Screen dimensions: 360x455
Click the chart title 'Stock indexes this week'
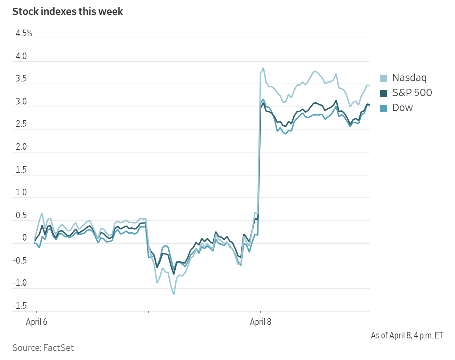click(x=67, y=11)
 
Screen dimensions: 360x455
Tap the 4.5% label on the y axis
click(x=24, y=33)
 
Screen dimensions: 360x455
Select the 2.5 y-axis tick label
click(x=21, y=124)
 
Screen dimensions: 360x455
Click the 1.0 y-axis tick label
click(x=21, y=192)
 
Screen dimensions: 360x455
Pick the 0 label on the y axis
click(x=24, y=237)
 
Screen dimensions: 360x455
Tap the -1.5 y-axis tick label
click(x=20, y=306)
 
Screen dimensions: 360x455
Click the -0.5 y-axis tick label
click(x=20, y=260)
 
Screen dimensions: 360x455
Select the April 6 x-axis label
click(x=37, y=322)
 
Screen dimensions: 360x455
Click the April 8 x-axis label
click(x=260, y=322)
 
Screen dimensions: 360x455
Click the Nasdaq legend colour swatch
click(x=384, y=78)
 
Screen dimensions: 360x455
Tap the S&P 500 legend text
click(x=412, y=93)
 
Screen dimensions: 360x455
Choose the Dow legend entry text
click(x=402, y=108)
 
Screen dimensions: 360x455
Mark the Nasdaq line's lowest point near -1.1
click(x=174, y=295)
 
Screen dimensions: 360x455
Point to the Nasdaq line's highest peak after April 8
click(x=263, y=68)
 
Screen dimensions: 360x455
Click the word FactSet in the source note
click(x=58, y=348)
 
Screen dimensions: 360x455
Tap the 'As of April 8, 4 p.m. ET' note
click(x=407, y=335)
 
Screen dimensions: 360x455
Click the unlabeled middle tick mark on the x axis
click(x=148, y=312)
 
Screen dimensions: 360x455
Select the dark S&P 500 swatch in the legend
click(x=384, y=93)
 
